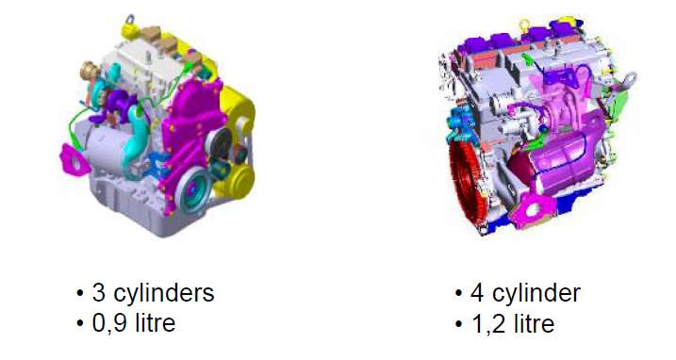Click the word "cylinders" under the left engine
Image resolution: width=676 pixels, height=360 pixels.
(163, 294)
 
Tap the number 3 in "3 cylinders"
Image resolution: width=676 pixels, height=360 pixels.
(98, 292)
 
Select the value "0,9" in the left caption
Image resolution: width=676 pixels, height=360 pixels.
(110, 323)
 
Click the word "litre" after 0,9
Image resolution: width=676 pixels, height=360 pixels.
(156, 322)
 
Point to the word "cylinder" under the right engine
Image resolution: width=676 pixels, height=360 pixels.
(536, 294)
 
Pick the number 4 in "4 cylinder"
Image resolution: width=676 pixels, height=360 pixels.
(477, 292)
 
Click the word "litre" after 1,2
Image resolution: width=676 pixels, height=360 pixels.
(535, 323)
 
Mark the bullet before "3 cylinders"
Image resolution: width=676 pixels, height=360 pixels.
(79, 293)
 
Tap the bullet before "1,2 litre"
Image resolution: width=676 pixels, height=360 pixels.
(458, 324)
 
